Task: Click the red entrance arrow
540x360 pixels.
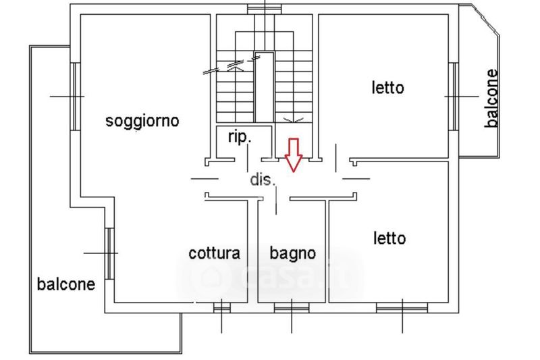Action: click(x=294, y=155)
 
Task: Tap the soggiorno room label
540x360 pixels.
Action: click(x=142, y=122)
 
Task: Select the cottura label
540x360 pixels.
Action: click(x=214, y=253)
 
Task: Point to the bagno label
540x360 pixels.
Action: click(x=293, y=254)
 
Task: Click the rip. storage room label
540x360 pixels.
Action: click(x=240, y=137)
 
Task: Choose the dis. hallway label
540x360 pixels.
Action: click(x=263, y=180)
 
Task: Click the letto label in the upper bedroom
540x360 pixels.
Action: click(x=387, y=88)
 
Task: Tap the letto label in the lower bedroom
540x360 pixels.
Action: click(x=389, y=238)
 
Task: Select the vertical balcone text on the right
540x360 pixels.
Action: click(x=491, y=99)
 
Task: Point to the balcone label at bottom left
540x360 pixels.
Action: click(x=65, y=284)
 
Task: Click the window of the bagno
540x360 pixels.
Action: click(x=292, y=308)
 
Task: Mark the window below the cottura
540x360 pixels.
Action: click(x=222, y=308)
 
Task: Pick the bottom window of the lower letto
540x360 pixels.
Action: click(x=402, y=308)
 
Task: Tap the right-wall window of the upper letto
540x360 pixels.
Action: click(x=454, y=97)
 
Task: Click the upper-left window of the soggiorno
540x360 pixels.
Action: click(x=76, y=97)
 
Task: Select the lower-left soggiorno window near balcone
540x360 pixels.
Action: click(x=109, y=253)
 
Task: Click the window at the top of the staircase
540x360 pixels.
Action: click(x=265, y=9)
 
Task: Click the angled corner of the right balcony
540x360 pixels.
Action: click(x=486, y=21)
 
